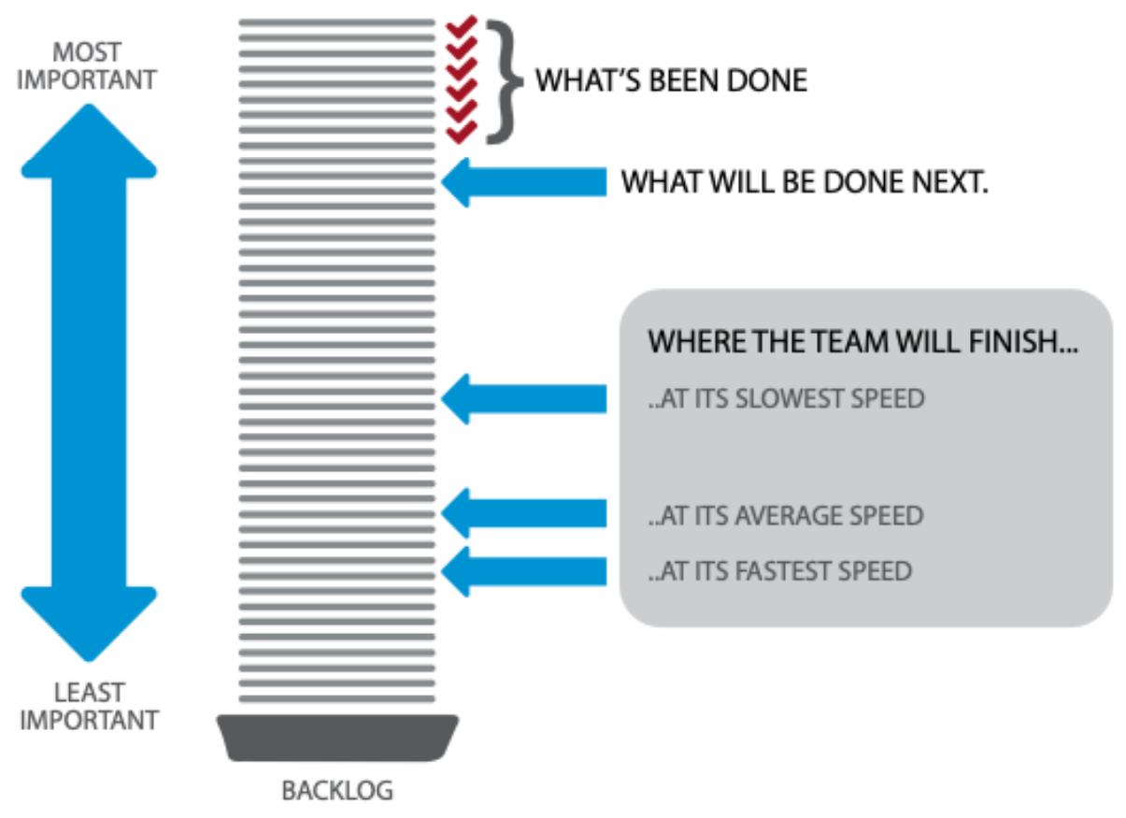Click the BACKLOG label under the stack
click(x=337, y=791)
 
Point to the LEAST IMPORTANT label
click(x=89, y=707)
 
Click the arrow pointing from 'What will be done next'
click(x=523, y=181)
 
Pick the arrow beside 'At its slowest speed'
click(x=523, y=399)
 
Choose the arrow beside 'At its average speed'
click(x=523, y=512)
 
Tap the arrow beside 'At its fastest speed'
click(x=523, y=570)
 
